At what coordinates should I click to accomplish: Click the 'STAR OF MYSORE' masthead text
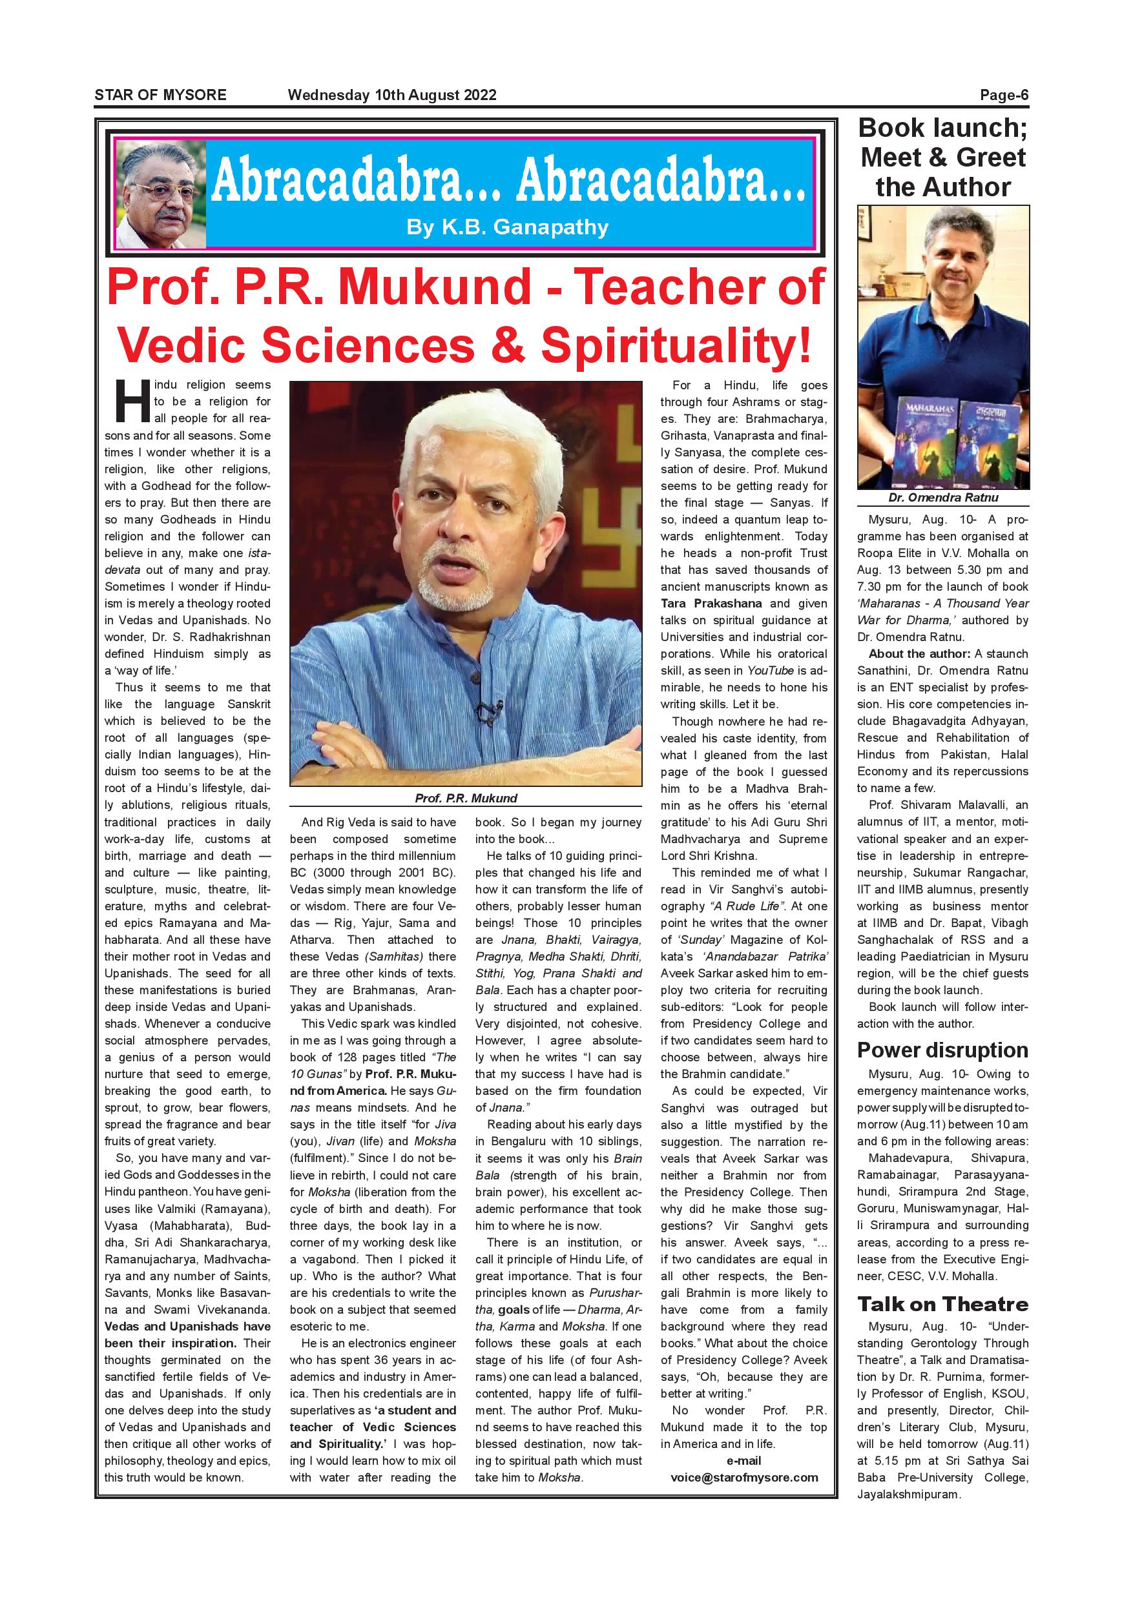tap(160, 95)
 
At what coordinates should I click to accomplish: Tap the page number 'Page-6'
tap(1004, 96)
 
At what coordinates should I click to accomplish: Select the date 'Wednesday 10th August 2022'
tap(392, 95)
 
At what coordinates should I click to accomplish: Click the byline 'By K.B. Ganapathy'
tap(507, 227)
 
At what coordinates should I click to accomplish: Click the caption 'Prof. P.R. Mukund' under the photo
tap(466, 799)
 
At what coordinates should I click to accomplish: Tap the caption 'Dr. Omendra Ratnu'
tap(943, 498)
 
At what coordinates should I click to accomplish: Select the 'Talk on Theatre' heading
tap(942, 1304)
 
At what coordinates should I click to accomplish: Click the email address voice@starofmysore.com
tap(743, 1478)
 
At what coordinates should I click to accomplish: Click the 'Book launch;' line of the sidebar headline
tap(942, 128)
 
